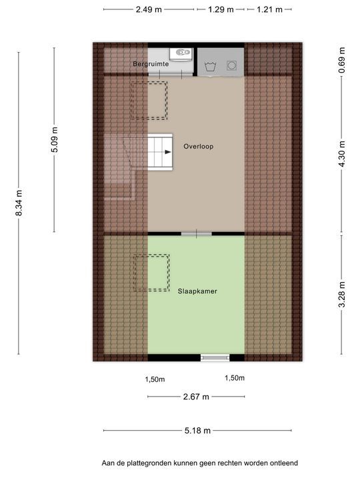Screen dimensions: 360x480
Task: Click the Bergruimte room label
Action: click(x=151, y=64)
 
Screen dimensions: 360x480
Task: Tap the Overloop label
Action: click(x=199, y=146)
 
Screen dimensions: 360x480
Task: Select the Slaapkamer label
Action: click(x=197, y=291)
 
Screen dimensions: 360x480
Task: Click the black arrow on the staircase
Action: click(x=168, y=152)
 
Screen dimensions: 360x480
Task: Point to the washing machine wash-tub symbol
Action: click(x=210, y=66)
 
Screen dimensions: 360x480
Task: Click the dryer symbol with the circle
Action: click(x=232, y=65)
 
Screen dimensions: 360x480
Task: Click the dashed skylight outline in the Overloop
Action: click(x=149, y=101)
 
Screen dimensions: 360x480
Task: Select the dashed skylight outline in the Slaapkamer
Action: click(x=151, y=273)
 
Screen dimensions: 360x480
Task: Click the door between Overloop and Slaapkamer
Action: click(x=197, y=234)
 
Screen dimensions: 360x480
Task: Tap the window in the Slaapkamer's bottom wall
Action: click(x=215, y=357)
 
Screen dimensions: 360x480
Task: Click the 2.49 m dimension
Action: click(x=149, y=9)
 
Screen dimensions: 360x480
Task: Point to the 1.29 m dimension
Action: click(x=221, y=9)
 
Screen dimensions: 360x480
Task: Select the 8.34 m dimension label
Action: click(x=19, y=203)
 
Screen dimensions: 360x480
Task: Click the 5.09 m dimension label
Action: click(x=55, y=139)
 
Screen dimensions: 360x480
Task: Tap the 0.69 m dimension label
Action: click(x=342, y=60)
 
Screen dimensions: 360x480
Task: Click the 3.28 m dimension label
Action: click(x=342, y=294)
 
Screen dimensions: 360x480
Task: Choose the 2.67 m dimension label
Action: click(x=196, y=397)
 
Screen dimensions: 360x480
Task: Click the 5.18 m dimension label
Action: click(x=197, y=431)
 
